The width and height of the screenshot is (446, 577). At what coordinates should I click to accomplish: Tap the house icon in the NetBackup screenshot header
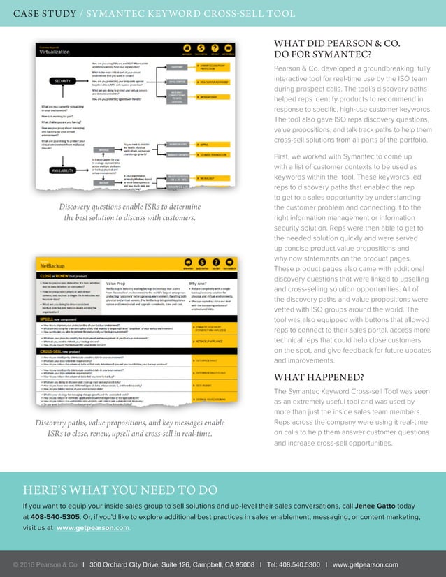point(187,265)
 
